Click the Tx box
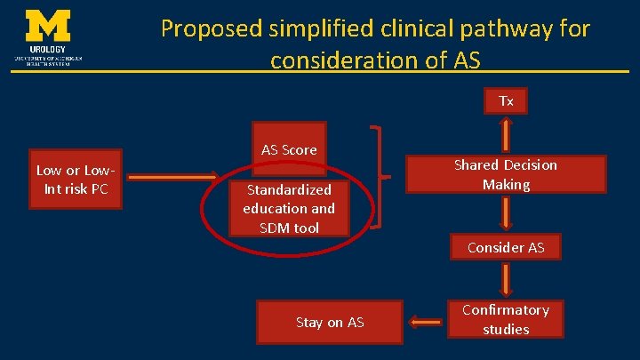506,101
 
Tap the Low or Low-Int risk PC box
76,179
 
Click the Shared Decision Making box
505,174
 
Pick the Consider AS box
506,247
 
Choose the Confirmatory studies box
506,319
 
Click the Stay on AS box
330,322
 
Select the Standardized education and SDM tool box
289,209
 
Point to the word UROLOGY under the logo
48,50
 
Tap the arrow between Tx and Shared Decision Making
506,134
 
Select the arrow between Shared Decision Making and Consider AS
506,214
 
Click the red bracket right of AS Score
378,177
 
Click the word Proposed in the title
212,28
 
